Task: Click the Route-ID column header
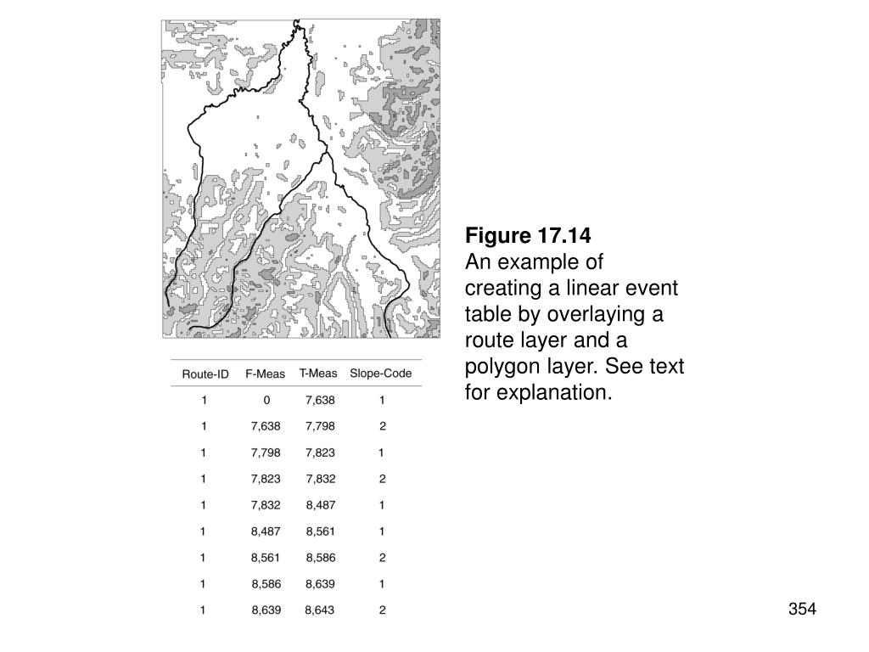(205, 374)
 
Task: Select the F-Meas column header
(266, 374)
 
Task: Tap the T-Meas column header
(318, 374)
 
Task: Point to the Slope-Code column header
(381, 374)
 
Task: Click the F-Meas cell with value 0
(266, 400)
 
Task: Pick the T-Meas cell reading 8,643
(320, 610)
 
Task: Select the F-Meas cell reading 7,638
(266, 426)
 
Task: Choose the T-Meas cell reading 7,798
(320, 426)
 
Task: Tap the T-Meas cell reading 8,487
(321, 505)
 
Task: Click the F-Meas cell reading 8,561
(266, 558)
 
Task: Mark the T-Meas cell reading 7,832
(320, 479)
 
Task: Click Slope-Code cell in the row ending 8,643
(382, 610)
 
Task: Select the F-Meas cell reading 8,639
(266, 610)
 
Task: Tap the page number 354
(801, 609)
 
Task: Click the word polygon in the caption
(502, 368)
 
